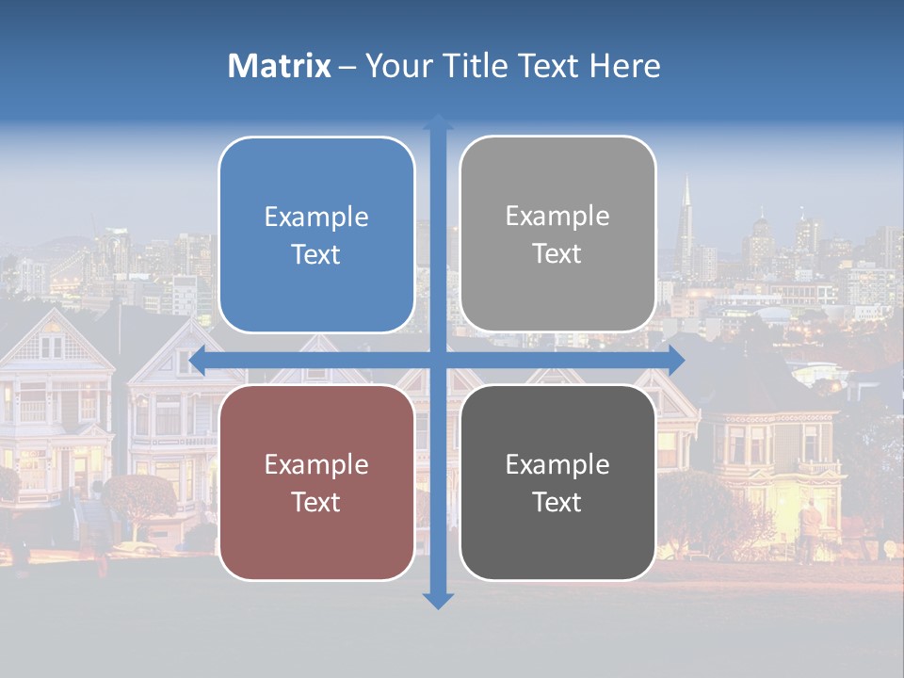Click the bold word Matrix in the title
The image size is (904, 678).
coord(279,66)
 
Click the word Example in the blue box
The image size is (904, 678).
coord(316,218)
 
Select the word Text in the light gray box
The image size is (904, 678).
coord(557,254)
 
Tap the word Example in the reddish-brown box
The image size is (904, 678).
coord(316,464)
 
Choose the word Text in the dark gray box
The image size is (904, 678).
coord(557,502)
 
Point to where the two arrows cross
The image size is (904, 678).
coord(438,360)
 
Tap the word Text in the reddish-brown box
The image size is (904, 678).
coord(316,502)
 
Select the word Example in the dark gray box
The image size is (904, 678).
coord(557,464)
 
